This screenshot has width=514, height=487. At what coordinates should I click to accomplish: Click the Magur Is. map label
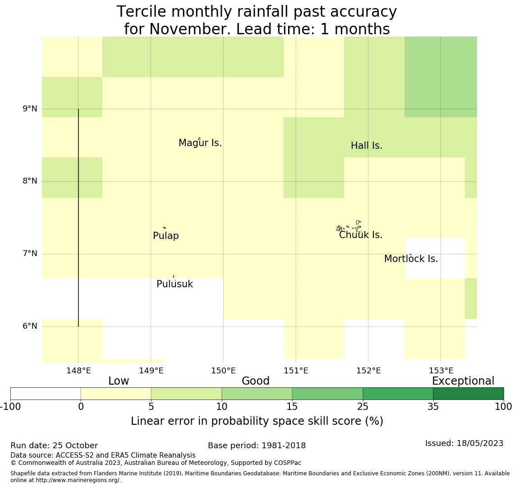point(200,143)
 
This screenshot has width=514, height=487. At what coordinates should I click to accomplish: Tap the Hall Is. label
point(367,146)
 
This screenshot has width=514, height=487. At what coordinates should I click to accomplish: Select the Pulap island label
point(166,236)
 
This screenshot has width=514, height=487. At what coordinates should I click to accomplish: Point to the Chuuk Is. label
point(361,235)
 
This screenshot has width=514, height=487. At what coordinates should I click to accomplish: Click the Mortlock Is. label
point(411,259)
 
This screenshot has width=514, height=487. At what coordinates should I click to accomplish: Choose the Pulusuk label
point(174,284)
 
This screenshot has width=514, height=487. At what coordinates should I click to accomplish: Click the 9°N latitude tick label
point(30,109)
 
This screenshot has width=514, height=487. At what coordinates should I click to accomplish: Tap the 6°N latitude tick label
point(30,326)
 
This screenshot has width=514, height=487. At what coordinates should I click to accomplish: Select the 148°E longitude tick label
point(78,371)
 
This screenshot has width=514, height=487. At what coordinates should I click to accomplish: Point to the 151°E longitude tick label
point(296,371)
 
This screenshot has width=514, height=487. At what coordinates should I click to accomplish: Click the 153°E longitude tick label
point(441,371)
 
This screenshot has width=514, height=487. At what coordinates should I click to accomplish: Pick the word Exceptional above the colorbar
point(463,381)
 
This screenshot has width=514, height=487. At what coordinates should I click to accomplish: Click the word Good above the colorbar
point(256,381)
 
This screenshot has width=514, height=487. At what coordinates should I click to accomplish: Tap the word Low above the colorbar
point(119,381)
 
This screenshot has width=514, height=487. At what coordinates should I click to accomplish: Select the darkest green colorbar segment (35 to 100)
point(468,394)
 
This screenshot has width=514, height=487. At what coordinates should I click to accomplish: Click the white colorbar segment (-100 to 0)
point(46,394)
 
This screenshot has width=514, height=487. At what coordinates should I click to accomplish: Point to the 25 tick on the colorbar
point(363,407)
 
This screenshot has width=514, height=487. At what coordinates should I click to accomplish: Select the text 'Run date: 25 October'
point(54,446)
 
